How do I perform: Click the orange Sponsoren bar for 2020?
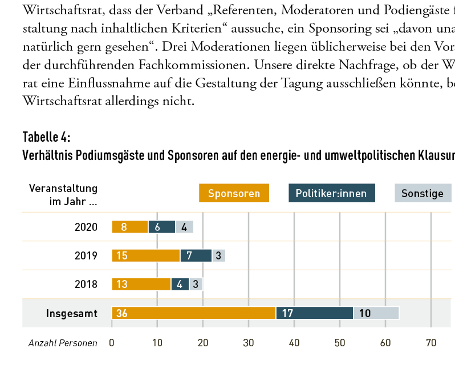click(x=130, y=227)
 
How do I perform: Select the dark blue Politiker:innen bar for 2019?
click(x=196, y=255)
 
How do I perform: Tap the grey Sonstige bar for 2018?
click(x=196, y=284)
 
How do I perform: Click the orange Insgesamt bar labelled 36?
click(x=194, y=313)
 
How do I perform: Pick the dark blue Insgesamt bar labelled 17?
click(x=315, y=313)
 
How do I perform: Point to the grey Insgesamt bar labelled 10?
click(x=376, y=313)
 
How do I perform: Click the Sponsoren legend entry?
click(x=234, y=193)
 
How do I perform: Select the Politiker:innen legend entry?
click(x=332, y=193)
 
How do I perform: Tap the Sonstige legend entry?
click(x=422, y=193)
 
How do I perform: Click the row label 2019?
click(x=86, y=255)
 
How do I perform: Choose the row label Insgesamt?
click(x=72, y=313)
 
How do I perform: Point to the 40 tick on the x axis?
click(x=294, y=343)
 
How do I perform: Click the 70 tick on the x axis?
click(x=431, y=343)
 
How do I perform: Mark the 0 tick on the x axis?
click(x=112, y=343)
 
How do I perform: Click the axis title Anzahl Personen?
click(x=63, y=343)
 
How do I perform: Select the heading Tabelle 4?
click(x=47, y=137)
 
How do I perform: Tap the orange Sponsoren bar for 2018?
click(x=141, y=284)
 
